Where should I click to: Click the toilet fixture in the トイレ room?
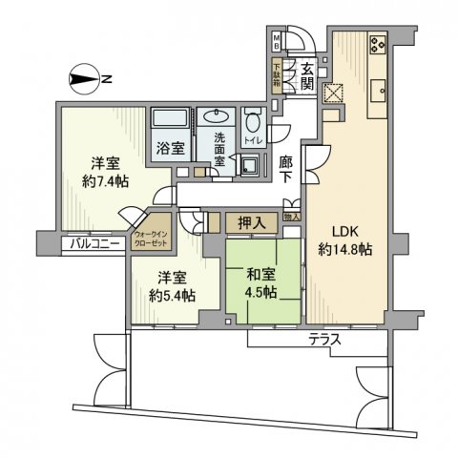[252, 124]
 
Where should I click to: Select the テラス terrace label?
[325, 340]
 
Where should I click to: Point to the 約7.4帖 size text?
[104, 182]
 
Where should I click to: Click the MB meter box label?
[278, 42]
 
